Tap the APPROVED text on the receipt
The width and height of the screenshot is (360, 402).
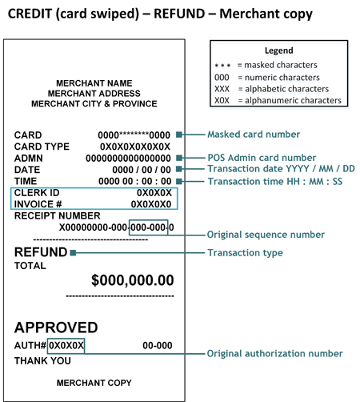click(x=56, y=327)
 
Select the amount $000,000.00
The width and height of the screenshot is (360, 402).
click(x=132, y=280)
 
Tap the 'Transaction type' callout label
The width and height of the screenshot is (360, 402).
click(x=245, y=253)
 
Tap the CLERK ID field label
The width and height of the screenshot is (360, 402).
click(x=37, y=193)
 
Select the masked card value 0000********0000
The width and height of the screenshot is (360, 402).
click(x=133, y=135)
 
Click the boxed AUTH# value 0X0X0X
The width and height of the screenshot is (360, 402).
click(x=66, y=346)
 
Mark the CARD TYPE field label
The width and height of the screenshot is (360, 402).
click(x=42, y=147)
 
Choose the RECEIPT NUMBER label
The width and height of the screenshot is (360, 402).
click(x=57, y=215)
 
